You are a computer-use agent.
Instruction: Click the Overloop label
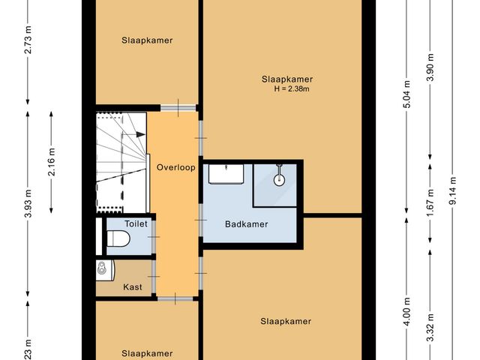[x=175, y=167]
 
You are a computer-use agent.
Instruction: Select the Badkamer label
[x=246, y=223]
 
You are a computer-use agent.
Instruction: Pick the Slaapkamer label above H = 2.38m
[x=286, y=79]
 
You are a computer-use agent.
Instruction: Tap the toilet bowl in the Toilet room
[x=119, y=239]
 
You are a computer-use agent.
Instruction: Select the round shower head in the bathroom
[x=278, y=178]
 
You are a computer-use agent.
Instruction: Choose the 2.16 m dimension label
[x=52, y=160]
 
